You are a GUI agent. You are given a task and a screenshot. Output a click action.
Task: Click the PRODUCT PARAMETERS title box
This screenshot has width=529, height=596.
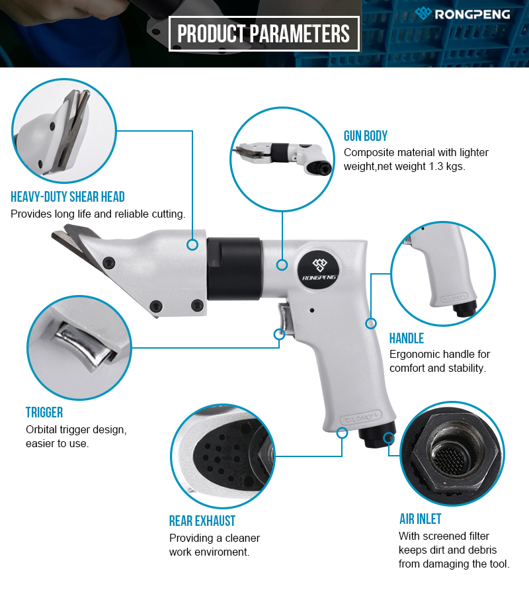pyautogui.click(x=264, y=34)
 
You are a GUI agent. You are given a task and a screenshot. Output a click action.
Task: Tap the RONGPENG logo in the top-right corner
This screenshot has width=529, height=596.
pyautogui.click(x=462, y=14)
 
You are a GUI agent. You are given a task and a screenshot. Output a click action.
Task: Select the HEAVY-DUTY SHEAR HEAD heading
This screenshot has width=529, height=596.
pyautogui.click(x=67, y=197)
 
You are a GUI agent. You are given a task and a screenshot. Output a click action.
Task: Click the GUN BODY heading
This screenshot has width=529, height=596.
pyautogui.click(x=366, y=136)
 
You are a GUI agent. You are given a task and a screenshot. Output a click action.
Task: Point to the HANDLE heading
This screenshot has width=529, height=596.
pyautogui.click(x=406, y=338)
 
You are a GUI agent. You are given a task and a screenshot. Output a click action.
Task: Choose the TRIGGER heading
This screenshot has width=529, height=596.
pyautogui.click(x=44, y=412)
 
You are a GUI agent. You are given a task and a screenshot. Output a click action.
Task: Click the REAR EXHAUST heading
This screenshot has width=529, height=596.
pyautogui.click(x=202, y=521)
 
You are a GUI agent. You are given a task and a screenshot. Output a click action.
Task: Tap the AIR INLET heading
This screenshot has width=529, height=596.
pyautogui.click(x=421, y=519)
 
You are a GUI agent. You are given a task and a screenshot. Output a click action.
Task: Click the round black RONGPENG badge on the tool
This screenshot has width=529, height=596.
pyautogui.click(x=319, y=269)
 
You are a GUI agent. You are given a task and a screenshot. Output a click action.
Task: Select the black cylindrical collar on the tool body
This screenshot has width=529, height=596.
pyautogui.click(x=235, y=269)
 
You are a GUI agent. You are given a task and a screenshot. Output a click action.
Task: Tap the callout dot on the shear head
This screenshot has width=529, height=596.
pyautogui.click(x=192, y=244)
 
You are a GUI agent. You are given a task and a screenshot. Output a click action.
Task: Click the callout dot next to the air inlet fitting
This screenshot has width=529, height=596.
pyautogui.click(x=388, y=438)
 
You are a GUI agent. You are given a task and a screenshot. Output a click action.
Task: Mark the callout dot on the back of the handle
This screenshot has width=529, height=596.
pyautogui.click(x=371, y=323)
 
